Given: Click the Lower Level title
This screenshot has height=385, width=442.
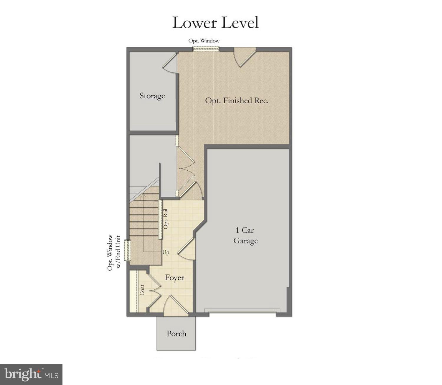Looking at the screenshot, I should [215, 23].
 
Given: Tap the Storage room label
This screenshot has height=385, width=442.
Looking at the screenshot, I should [152, 96].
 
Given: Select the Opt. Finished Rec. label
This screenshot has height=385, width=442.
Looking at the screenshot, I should [237, 101].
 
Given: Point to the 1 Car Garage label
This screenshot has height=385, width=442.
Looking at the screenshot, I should [245, 236].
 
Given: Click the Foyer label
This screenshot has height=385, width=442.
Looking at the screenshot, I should [174, 278].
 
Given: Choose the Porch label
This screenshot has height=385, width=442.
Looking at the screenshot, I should [176, 334].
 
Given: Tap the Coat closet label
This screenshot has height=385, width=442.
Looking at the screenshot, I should [142, 290].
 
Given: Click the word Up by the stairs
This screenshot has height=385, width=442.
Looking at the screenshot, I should [166, 252].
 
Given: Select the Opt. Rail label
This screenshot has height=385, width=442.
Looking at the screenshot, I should [166, 219].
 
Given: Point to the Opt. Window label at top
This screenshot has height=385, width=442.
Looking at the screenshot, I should [204, 41].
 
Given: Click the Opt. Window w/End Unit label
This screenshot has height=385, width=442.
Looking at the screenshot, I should [114, 252].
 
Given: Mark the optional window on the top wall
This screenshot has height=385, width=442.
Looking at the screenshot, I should [206, 49].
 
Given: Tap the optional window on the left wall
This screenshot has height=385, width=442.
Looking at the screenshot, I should [127, 250].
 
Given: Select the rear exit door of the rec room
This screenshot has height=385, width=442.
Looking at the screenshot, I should [244, 58].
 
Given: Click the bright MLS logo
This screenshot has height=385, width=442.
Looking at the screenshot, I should [31, 375].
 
